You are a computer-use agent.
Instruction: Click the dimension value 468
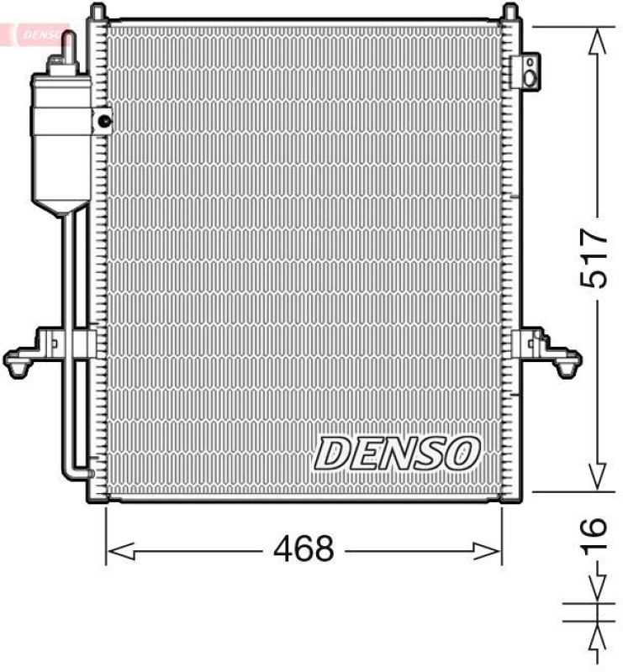click(x=304, y=549)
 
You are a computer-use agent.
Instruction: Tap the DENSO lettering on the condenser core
click(x=397, y=454)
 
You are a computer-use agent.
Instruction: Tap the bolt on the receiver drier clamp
click(x=104, y=121)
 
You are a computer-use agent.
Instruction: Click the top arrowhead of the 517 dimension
click(x=597, y=39)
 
